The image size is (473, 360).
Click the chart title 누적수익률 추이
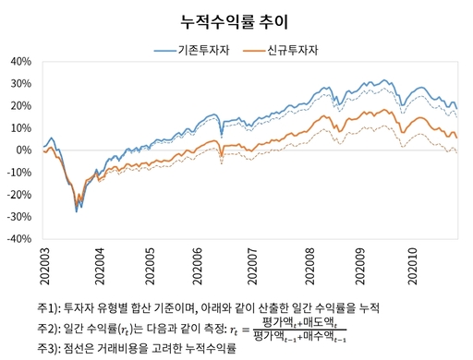(x=236, y=19)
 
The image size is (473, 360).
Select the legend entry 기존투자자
(x=202, y=49)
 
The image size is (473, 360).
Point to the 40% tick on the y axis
(x=21, y=62)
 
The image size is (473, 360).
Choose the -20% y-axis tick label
(x=19, y=194)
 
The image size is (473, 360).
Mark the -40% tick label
(x=19, y=237)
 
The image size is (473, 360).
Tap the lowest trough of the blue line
(x=77, y=211)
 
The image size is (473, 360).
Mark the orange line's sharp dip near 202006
(x=221, y=161)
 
